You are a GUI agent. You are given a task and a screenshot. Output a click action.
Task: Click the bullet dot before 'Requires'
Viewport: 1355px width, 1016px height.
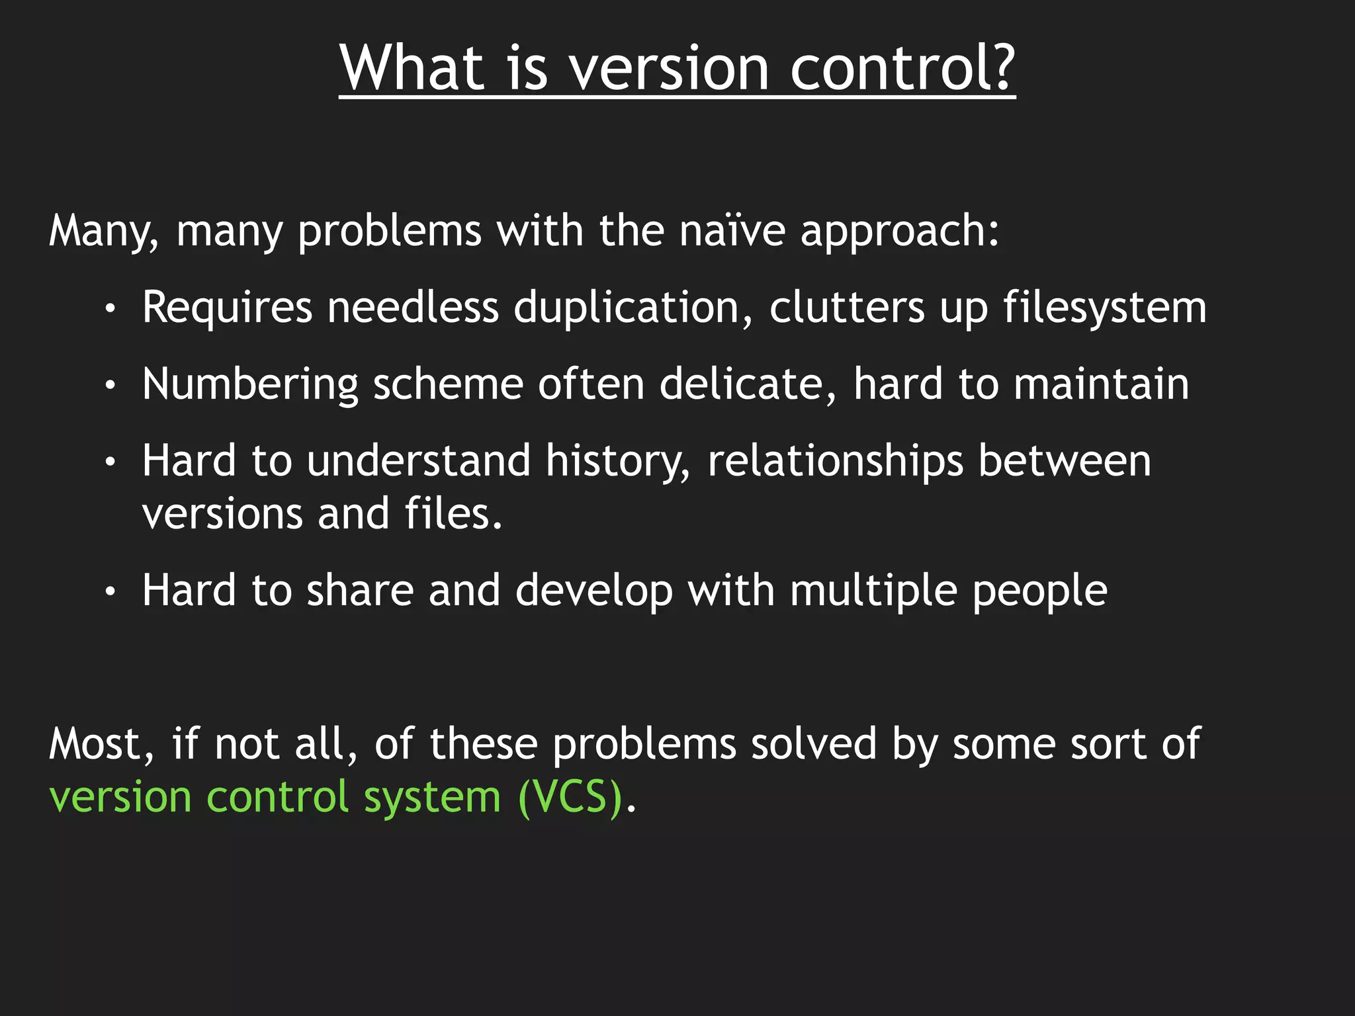coord(110,308)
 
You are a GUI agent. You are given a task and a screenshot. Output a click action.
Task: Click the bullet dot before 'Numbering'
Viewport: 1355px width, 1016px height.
coord(110,385)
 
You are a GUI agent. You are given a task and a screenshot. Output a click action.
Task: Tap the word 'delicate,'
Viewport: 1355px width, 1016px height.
coord(748,384)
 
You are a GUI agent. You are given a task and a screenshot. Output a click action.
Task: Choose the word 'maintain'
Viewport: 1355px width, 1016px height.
coord(1101,384)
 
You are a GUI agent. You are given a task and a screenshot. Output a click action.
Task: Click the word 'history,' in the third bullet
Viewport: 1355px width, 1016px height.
coord(618,462)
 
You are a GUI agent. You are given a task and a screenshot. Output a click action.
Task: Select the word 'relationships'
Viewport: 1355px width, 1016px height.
coord(835,462)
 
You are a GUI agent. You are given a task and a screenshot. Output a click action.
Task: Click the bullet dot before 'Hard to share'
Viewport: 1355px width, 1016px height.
coord(110,591)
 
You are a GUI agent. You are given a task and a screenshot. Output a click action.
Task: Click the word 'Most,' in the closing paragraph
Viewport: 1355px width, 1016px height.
coord(102,745)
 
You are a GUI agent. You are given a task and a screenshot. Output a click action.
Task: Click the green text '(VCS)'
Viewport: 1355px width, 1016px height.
coord(570,797)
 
